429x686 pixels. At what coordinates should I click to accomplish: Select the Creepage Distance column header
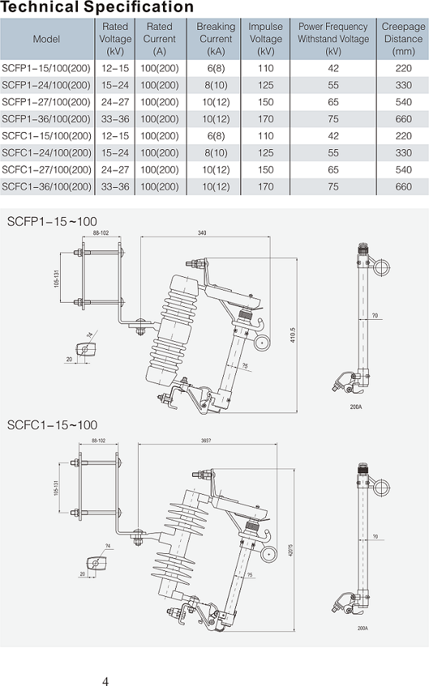pos(403,39)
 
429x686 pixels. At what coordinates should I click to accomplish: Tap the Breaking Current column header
pos(215,39)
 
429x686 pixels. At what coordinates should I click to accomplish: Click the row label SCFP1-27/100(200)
pos(46,103)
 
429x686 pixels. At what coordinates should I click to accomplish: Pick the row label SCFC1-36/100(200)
pos(46,186)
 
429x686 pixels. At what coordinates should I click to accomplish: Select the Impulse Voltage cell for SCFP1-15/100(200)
pos(265,69)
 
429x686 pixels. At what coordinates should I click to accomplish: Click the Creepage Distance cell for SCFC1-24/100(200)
pos(403,153)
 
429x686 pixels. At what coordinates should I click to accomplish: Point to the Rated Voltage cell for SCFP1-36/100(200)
pos(115,119)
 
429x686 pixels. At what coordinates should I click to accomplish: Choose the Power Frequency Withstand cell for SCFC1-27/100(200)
pos(332,170)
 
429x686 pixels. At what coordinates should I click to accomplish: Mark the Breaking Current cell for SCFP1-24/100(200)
pos(215,86)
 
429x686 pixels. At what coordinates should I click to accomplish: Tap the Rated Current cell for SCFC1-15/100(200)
pos(159,136)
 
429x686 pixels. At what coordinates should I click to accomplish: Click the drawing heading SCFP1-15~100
pos(51,221)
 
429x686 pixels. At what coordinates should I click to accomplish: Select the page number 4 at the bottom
pos(105,681)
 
